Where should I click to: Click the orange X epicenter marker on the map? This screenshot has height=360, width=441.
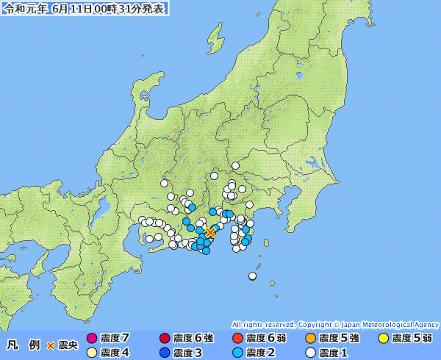click(210, 232)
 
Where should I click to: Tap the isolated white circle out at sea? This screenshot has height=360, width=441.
click(253, 276)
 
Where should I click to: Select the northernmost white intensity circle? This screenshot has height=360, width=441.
click(236, 165)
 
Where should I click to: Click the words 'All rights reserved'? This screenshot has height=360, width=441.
click(262, 324)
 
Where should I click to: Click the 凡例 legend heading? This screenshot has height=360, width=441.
click(20, 345)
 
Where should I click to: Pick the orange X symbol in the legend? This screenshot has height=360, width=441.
click(51, 345)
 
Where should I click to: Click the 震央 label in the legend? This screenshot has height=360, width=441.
click(68, 345)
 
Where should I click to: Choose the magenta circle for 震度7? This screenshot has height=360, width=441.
click(92, 338)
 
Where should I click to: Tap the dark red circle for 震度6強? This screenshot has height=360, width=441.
click(165, 338)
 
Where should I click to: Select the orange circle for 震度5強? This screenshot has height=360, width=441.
click(310, 338)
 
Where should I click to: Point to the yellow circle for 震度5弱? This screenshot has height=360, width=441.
click(383, 338)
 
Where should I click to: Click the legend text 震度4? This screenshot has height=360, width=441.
click(115, 353)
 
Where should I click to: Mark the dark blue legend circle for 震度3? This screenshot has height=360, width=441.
click(165, 353)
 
